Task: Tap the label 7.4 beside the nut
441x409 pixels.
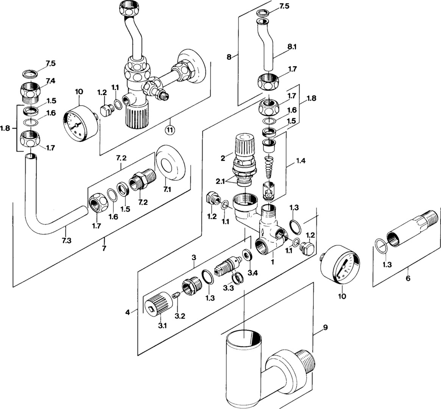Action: click(50, 81)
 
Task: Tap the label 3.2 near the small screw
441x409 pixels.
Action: click(180, 316)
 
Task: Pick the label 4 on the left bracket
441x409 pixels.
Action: click(128, 312)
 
